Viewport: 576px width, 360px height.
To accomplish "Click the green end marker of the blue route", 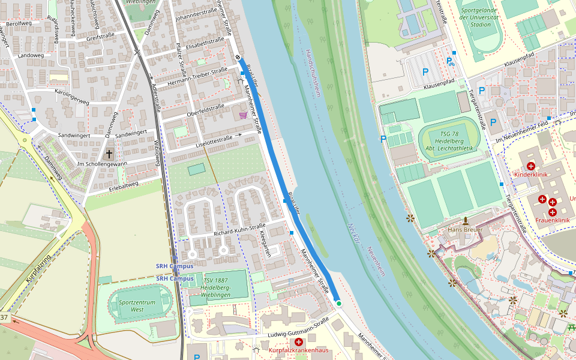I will pos(338,304).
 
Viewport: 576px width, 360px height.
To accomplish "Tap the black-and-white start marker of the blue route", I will pos(238,58).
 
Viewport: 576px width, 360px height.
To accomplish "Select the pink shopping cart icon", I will pos(243,115).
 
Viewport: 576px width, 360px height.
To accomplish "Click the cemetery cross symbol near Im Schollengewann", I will pos(109,154).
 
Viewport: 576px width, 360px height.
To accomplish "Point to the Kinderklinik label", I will pos(531,174).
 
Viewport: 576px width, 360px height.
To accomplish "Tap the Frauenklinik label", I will pos(553,220).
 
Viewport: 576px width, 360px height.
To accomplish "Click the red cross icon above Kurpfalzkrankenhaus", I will pos(298,341).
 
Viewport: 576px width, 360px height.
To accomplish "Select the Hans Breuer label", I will pos(465,229).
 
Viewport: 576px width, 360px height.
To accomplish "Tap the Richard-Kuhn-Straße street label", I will pos(239,229).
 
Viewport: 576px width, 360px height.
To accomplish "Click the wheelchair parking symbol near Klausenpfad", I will pos(451,61).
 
